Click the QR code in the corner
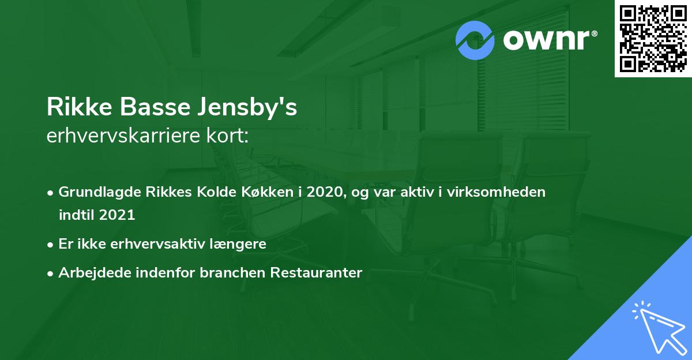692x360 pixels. point(653,39)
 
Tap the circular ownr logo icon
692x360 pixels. point(475,40)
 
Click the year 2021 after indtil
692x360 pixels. point(117,215)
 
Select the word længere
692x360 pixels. point(241,244)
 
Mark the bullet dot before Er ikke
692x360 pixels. point(51,245)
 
